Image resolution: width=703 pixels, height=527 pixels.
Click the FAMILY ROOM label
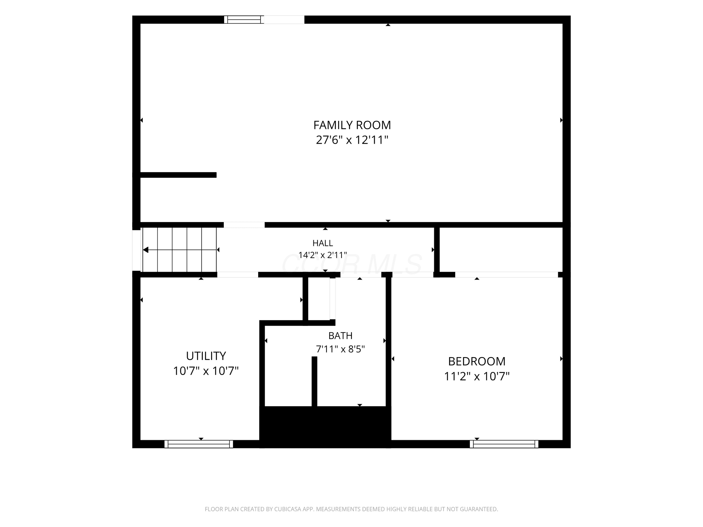click(352, 125)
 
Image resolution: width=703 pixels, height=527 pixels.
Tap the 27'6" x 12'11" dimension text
click(352, 140)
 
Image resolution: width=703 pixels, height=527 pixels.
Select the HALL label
click(323, 243)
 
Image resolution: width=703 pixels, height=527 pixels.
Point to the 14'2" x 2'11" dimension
click(323, 255)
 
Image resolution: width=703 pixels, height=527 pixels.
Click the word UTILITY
click(206, 356)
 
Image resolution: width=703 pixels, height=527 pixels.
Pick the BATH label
click(340, 336)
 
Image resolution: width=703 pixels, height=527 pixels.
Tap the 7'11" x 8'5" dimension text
click(340, 349)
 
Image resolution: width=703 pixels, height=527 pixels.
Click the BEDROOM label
click(477, 361)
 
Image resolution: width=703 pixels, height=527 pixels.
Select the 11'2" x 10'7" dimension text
click(477, 376)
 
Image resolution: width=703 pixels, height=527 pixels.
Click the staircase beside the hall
click(179, 250)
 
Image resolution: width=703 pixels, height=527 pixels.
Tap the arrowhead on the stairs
click(146, 250)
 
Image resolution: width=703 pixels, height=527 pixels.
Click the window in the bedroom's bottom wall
click(504, 444)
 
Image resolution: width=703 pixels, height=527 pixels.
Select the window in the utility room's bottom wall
click(199, 444)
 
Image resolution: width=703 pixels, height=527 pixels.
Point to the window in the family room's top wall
click(244, 20)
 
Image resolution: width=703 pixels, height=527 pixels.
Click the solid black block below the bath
click(325, 427)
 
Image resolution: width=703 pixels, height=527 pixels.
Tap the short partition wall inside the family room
click(178, 175)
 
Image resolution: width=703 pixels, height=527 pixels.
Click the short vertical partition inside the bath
click(314, 382)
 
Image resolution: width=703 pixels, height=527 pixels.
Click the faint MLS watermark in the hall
click(351, 265)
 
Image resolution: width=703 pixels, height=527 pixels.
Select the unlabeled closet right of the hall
click(501, 249)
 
